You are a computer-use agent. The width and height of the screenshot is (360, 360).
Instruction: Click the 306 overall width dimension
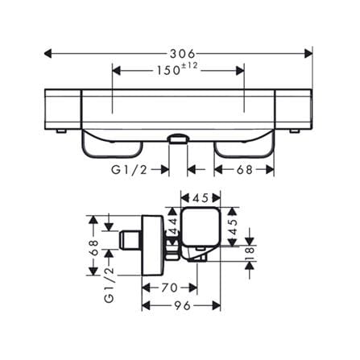(182, 54)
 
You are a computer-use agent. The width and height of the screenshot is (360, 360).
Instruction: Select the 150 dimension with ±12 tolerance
(176, 70)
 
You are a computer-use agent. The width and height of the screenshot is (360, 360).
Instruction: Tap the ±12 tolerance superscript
(189, 65)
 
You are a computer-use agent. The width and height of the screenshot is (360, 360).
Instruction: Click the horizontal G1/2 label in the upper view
(130, 170)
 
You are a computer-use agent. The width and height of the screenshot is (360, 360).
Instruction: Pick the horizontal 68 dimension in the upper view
(245, 170)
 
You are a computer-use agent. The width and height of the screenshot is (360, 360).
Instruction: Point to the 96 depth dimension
(182, 305)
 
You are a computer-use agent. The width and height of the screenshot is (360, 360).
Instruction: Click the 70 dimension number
(169, 288)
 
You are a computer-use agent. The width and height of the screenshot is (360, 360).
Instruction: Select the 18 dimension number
(250, 254)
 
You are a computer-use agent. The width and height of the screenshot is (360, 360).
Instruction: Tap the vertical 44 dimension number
(173, 226)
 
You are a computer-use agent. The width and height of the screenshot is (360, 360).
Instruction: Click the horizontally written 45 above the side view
(201, 198)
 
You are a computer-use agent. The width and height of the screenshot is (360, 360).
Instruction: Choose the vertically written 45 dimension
(233, 227)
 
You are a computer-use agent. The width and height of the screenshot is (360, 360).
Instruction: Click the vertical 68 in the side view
(93, 248)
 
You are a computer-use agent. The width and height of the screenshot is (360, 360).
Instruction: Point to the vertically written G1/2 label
(110, 285)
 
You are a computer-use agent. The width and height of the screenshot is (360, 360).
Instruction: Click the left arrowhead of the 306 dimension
(48, 54)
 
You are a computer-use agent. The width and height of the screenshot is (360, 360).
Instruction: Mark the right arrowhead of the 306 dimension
(308, 54)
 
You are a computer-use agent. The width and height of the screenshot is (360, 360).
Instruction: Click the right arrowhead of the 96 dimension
(217, 305)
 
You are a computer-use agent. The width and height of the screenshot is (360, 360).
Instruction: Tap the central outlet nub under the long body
(178, 139)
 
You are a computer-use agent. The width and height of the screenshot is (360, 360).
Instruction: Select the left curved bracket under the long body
(112, 145)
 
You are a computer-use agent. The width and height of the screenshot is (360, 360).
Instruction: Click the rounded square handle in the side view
(201, 227)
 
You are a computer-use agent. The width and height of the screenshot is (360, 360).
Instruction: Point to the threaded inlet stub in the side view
(130, 240)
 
